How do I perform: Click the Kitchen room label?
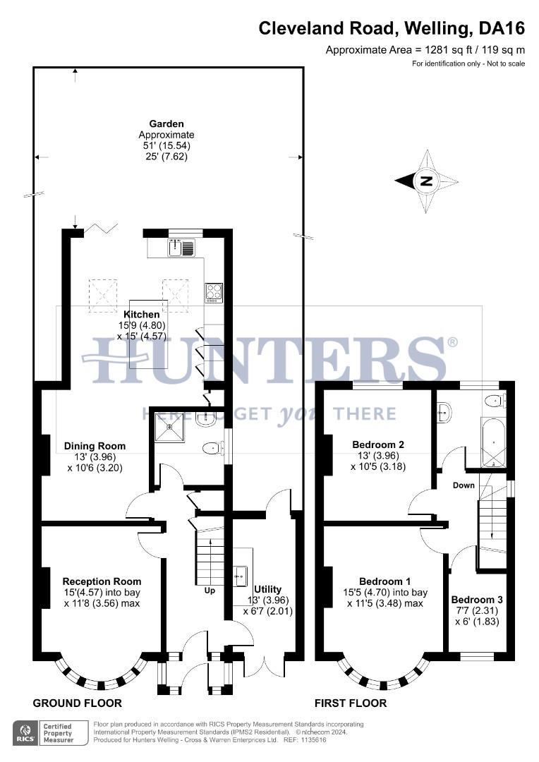point(142,314)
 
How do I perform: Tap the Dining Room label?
point(95,446)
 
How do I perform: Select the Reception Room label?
point(102,581)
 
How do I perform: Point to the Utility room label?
point(267,589)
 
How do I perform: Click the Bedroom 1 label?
point(384,582)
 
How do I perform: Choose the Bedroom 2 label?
point(378,445)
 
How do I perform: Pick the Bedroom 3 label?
point(477,600)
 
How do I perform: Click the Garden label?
point(166,124)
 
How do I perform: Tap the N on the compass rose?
point(426,181)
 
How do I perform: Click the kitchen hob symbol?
point(214,291)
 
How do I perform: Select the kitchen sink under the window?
point(182,248)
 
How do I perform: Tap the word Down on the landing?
point(464,485)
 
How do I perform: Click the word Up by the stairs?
point(210,590)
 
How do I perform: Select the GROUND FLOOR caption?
point(78,703)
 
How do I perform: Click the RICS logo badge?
point(26,732)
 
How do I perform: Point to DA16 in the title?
point(502,28)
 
